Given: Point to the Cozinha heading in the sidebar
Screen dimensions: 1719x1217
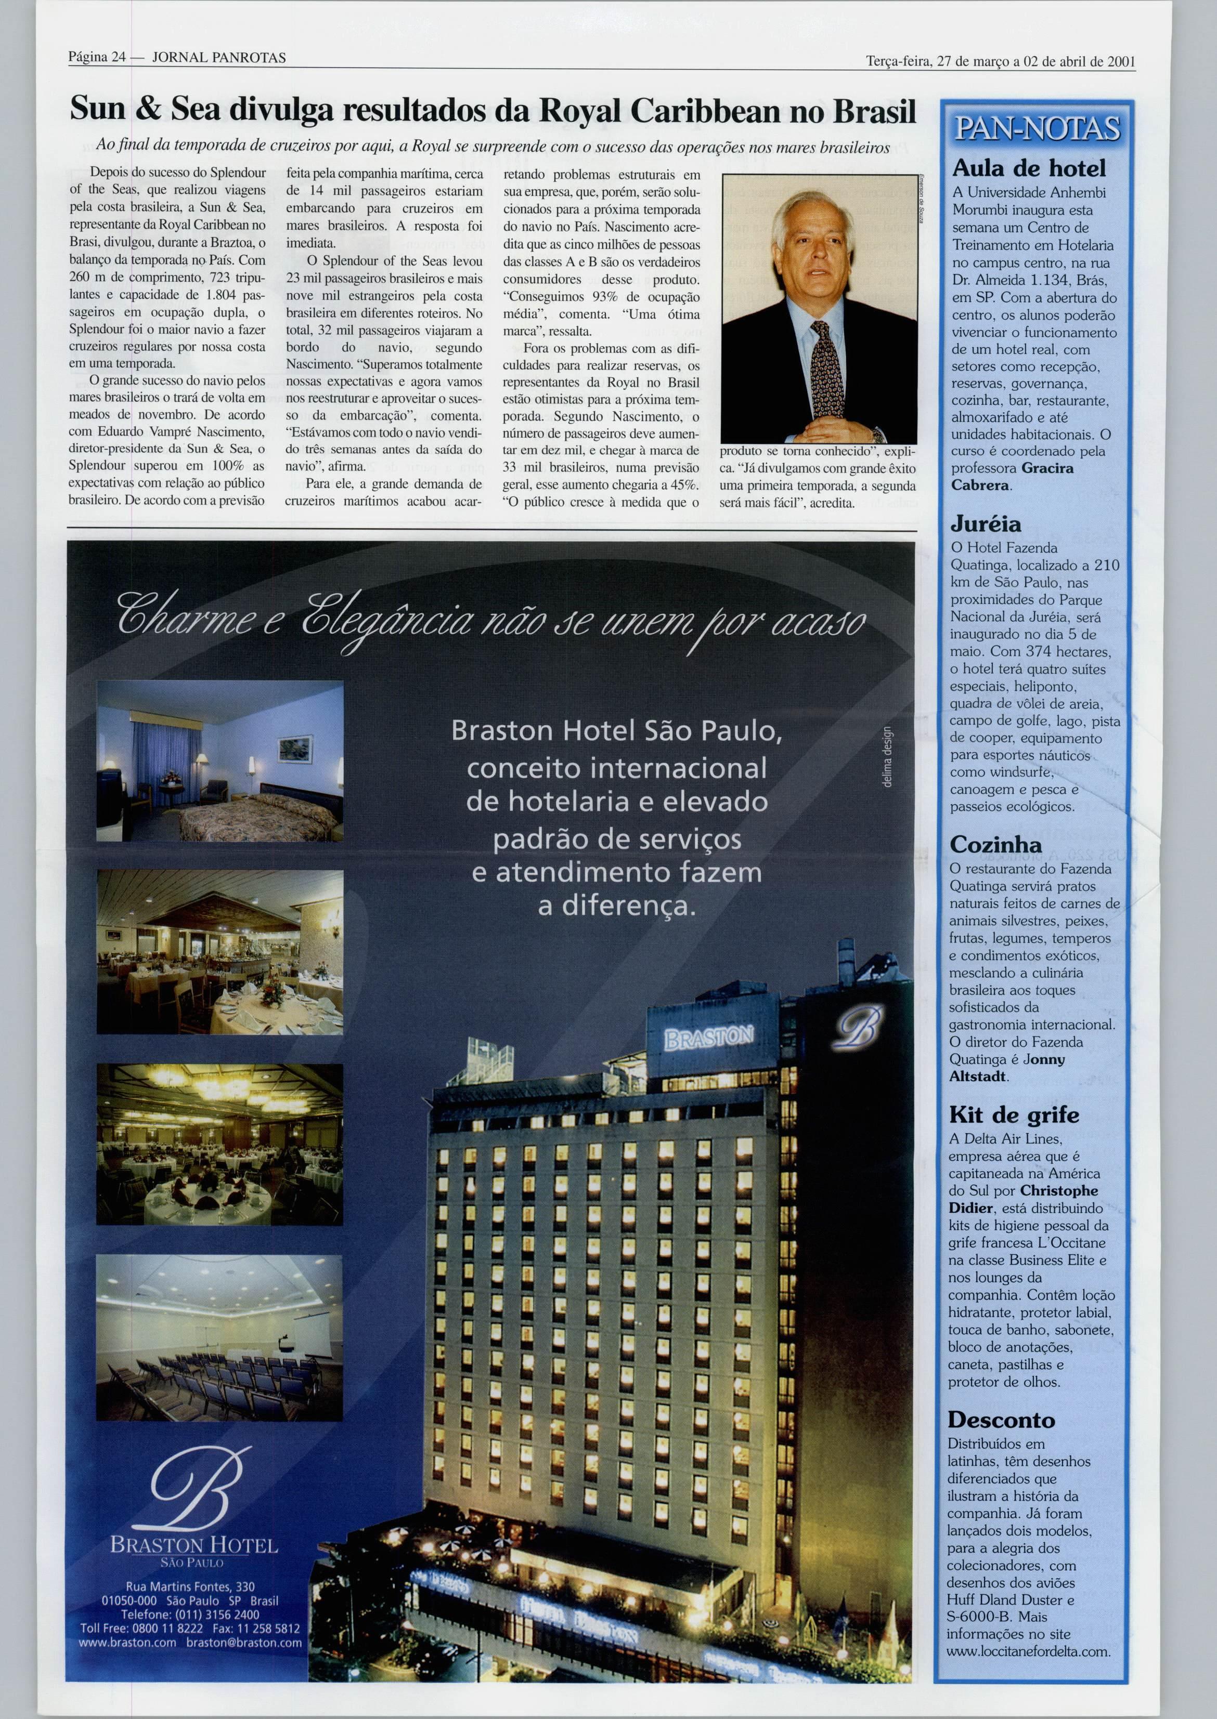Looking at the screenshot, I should point(995,844).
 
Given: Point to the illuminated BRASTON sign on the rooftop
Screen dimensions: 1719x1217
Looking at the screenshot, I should point(707,1038).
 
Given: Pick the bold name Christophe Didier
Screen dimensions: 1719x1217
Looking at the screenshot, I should point(1023,1199).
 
